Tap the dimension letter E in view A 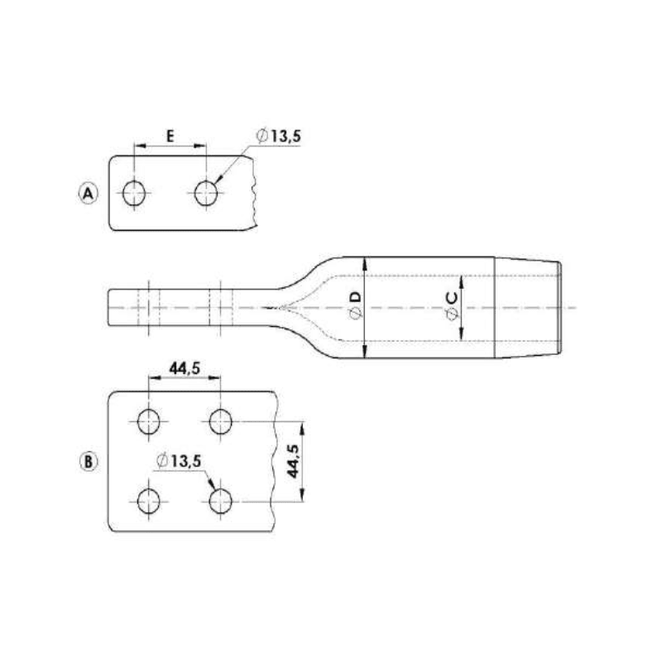click(170, 136)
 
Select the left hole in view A click(134, 194)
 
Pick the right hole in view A click(206, 194)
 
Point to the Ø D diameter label click(355, 305)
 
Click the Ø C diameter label click(452, 306)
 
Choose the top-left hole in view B click(150, 421)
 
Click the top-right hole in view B click(220, 421)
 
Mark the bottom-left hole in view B click(150, 501)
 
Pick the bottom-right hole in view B click(220, 501)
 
